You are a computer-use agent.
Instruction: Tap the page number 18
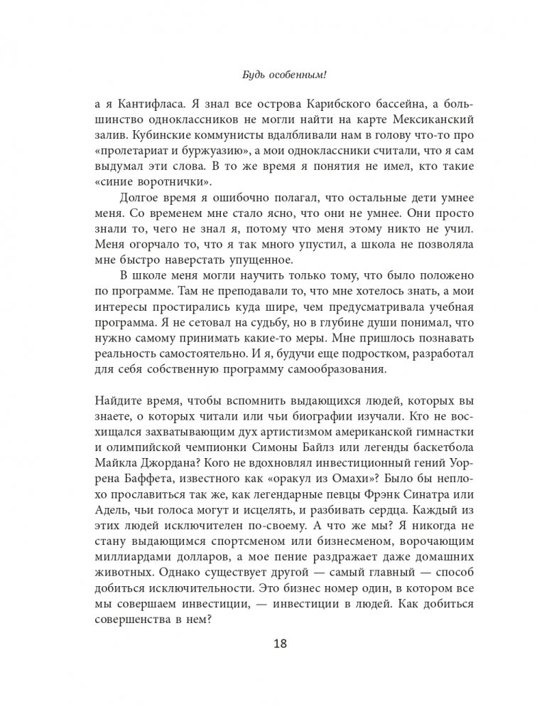(268, 645)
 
